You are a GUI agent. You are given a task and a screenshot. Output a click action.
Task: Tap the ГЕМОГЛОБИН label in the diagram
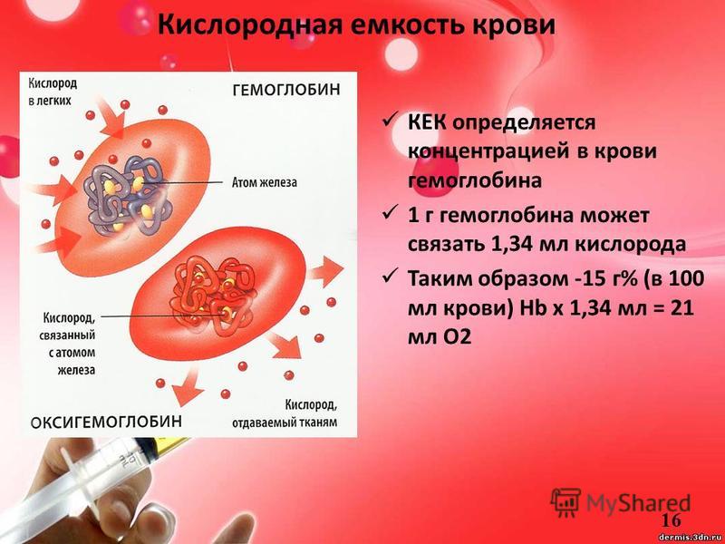click(x=285, y=90)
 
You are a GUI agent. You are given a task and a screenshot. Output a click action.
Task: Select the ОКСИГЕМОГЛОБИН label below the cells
click(x=106, y=422)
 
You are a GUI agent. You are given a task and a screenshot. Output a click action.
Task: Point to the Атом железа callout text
click(x=264, y=183)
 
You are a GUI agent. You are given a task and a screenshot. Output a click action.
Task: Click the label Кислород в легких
click(x=53, y=92)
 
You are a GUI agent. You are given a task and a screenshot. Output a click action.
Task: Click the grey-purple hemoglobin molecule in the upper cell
click(x=127, y=195)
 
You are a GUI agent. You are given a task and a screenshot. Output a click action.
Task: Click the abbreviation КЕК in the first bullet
click(x=426, y=123)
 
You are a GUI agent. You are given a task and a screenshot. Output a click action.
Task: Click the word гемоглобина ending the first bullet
click(x=474, y=180)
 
